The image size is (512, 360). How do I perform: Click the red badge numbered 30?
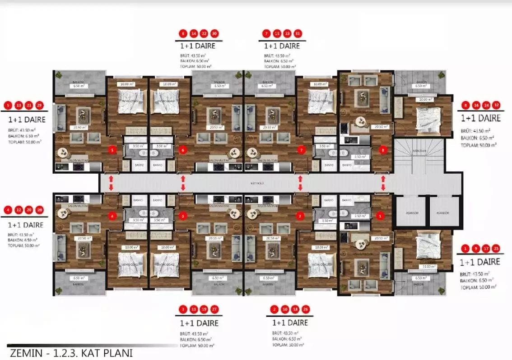click(214, 33)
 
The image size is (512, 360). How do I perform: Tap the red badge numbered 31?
click(298, 33)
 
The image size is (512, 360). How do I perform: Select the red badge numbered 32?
click(496, 106)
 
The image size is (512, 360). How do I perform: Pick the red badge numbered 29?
click(39, 106)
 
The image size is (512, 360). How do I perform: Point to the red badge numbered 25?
click(496, 249)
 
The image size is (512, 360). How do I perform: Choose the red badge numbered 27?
click(214, 309)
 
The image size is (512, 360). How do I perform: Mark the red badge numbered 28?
click(39, 210)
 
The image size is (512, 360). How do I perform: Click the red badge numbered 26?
click(307, 309)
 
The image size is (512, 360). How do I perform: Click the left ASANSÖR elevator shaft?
click(411, 212)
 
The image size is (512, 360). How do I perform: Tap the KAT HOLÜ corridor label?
click(256, 184)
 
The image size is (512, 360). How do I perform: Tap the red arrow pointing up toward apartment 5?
click(111, 179)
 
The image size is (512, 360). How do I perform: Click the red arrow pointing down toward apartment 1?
click(383, 187)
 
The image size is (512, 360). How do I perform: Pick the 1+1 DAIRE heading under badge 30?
click(197, 46)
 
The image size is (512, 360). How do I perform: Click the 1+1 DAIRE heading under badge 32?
click(480, 118)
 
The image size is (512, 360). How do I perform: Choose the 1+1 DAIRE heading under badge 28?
click(26, 224)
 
